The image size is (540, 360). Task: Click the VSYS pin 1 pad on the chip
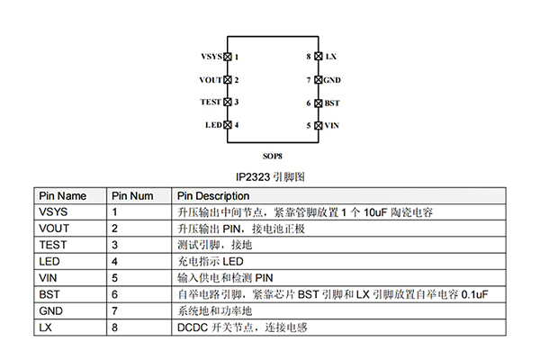coord(227,56)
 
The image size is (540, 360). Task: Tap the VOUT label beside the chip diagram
coord(210,80)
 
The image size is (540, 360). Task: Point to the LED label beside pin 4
coord(213,125)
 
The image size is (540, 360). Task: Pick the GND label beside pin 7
coord(332,80)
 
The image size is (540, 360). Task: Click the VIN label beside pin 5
coord(331,125)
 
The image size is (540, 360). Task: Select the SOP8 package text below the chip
coord(271,156)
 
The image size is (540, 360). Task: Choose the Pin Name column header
coord(63,195)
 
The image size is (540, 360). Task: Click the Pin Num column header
coord(132,195)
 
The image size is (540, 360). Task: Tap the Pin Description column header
coord(213,195)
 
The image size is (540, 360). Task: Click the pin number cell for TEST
coord(115,245)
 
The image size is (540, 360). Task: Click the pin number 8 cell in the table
coord(115,328)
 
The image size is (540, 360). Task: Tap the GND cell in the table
coord(50,310)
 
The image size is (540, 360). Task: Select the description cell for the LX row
coord(242,328)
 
